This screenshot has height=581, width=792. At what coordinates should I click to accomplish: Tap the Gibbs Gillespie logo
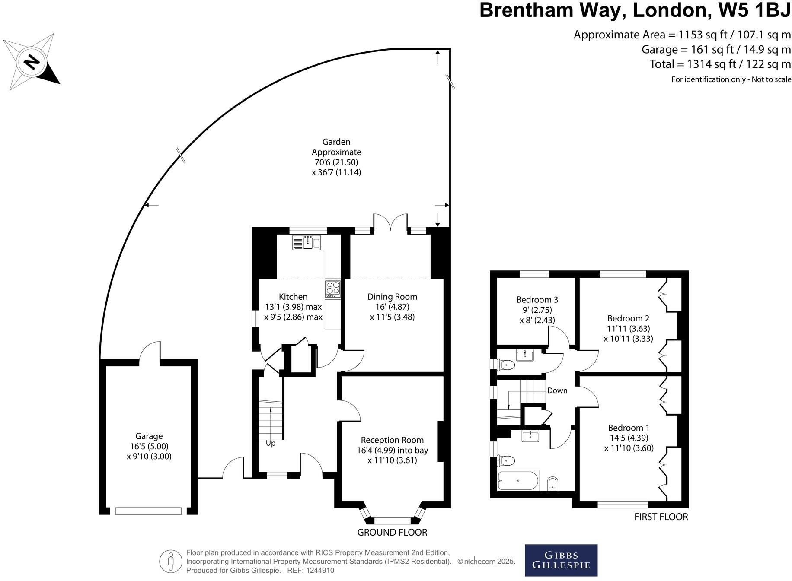click(561, 560)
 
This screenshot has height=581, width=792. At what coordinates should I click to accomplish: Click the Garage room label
click(149, 436)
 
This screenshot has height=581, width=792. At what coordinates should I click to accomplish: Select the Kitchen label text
click(293, 297)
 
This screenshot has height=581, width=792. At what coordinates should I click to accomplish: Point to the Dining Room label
click(392, 297)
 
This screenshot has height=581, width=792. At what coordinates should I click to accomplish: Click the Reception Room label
click(392, 440)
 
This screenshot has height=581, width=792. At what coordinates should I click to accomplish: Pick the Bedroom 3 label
click(537, 299)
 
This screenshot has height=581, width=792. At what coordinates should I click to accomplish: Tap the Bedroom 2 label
click(628, 318)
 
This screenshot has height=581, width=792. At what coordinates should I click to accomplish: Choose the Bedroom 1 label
click(629, 428)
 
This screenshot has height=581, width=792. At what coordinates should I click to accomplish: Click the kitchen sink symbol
click(307, 242)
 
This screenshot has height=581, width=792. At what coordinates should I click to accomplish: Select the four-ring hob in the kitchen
click(332, 289)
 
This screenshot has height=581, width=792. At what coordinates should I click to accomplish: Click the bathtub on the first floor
click(518, 481)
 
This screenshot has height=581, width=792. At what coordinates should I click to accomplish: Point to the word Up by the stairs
click(271, 443)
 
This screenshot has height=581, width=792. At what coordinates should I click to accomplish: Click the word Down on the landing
click(557, 391)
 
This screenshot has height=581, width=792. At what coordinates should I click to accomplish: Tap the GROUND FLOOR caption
click(392, 533)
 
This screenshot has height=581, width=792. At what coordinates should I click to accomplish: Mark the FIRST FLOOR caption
click(661, 517)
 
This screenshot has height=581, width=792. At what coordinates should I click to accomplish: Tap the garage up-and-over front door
click(148, 511)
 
